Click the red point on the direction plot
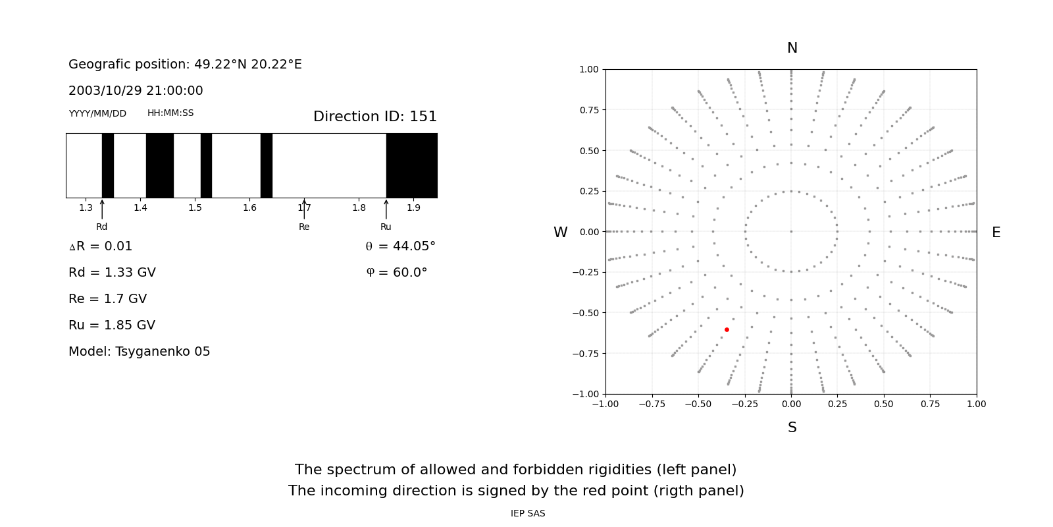click(727, 329)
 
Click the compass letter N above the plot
click(792, 48)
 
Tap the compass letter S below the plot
click(792, 428)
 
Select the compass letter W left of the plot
click(560, 233)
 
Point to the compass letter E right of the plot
click(996, 233)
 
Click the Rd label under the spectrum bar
click(102, 227)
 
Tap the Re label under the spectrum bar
click(304, 227)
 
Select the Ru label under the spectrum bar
click(386, 227)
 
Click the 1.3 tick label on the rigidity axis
click(86, 208)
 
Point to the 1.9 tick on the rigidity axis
click(413, 208)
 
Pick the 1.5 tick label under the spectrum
click(195, 208)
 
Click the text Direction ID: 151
click(374, 117)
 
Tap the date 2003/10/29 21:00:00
click(136, 91)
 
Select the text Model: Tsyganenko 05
click(140, 352)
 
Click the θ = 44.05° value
click(400, 246)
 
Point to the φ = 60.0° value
click(396, 273)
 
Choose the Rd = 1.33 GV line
click(112, 273)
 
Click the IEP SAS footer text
click(528, 514)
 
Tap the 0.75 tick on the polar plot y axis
click(589, 110)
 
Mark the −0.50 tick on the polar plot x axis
click(698, 404)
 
